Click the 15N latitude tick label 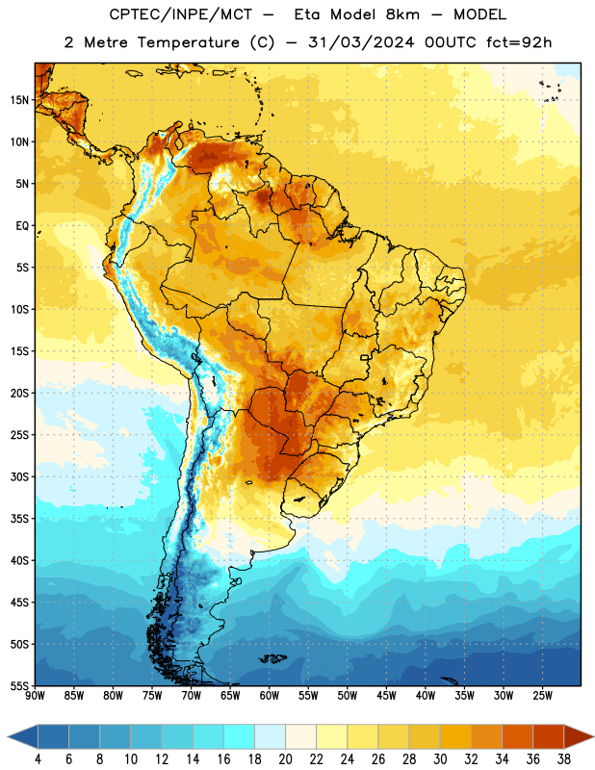(x=19, y=100)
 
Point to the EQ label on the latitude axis (x=22, y=226)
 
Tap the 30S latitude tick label (x=19, y=476)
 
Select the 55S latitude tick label (x=19, y=686)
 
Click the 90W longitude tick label (x=35, y=696)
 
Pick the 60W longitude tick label (x=270, y=696)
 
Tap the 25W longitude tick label (x=542, y=696)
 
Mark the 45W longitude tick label (x=386, y=696)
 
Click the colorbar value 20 (x=285, y=759)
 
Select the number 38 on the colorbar (x=563, y=759)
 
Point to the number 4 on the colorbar (x=38, y=759)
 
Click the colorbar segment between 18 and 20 (x=271, y=736)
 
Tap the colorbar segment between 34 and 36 (x=517, y=736)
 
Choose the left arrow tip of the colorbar (x=8, y=736)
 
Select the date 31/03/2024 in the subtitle (x=361, y=42)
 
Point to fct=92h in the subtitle (x=519, y=42)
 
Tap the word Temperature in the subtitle (x=188, y=43)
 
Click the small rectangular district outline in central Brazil (x=365, y=357)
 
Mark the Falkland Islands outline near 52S (x=273, y=658)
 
